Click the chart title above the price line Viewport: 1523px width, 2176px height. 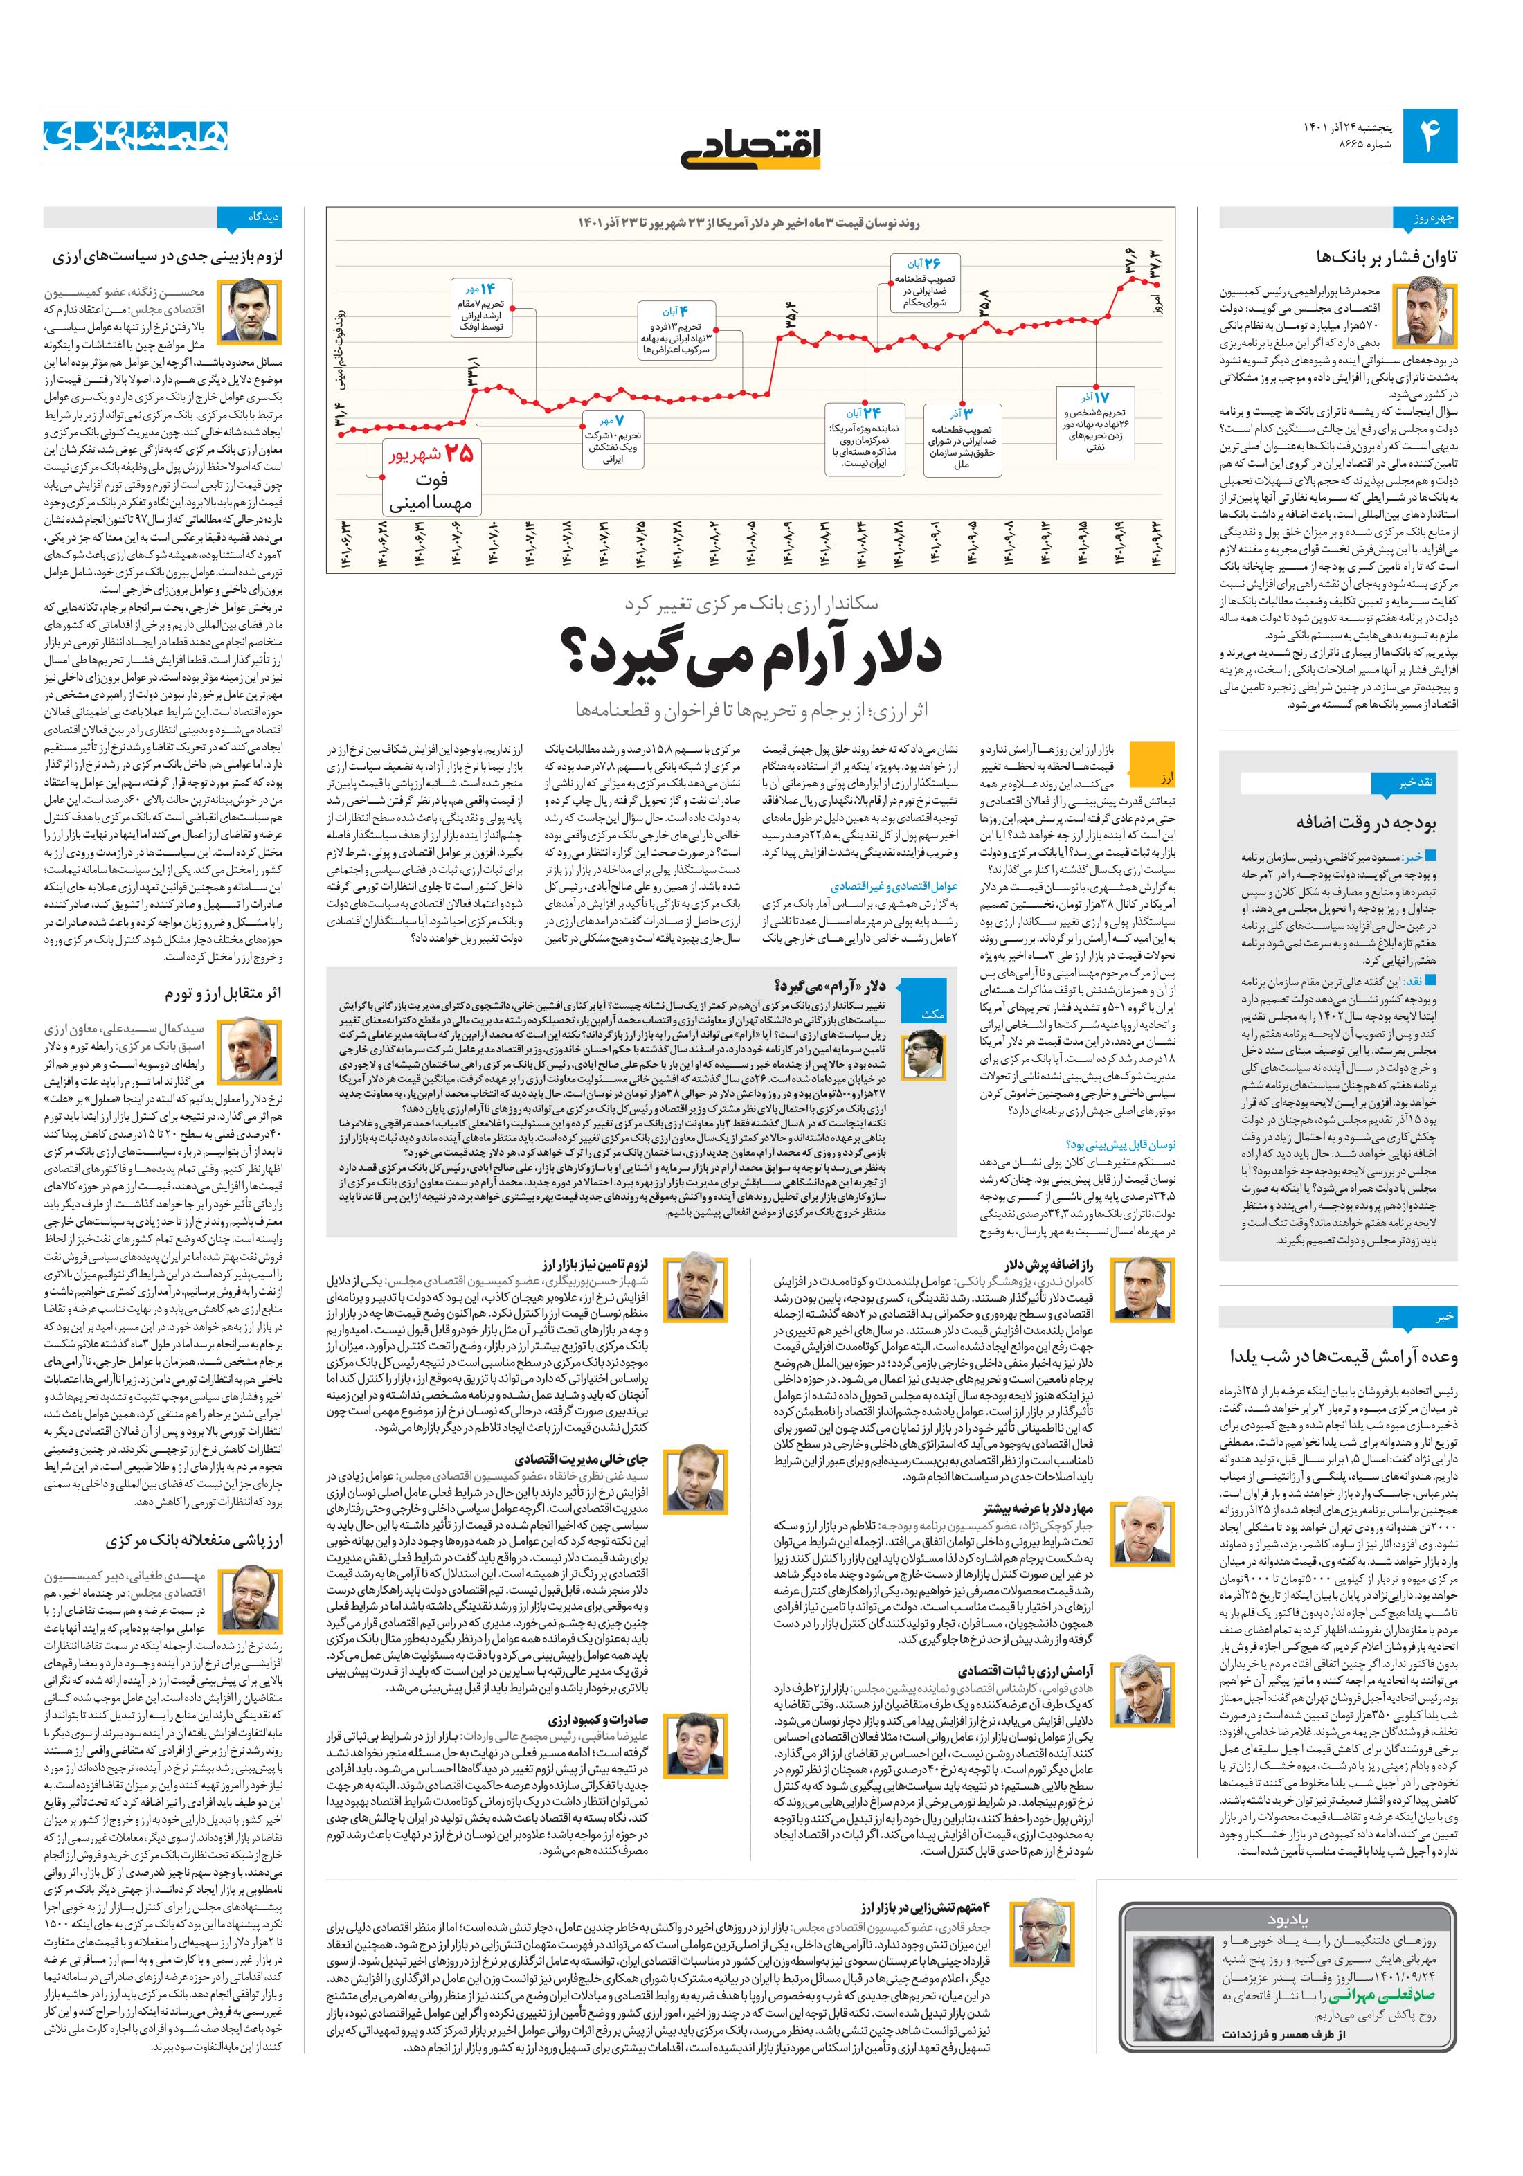click(752, 223)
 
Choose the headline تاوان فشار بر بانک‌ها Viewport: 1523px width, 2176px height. click(1387, 257)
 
